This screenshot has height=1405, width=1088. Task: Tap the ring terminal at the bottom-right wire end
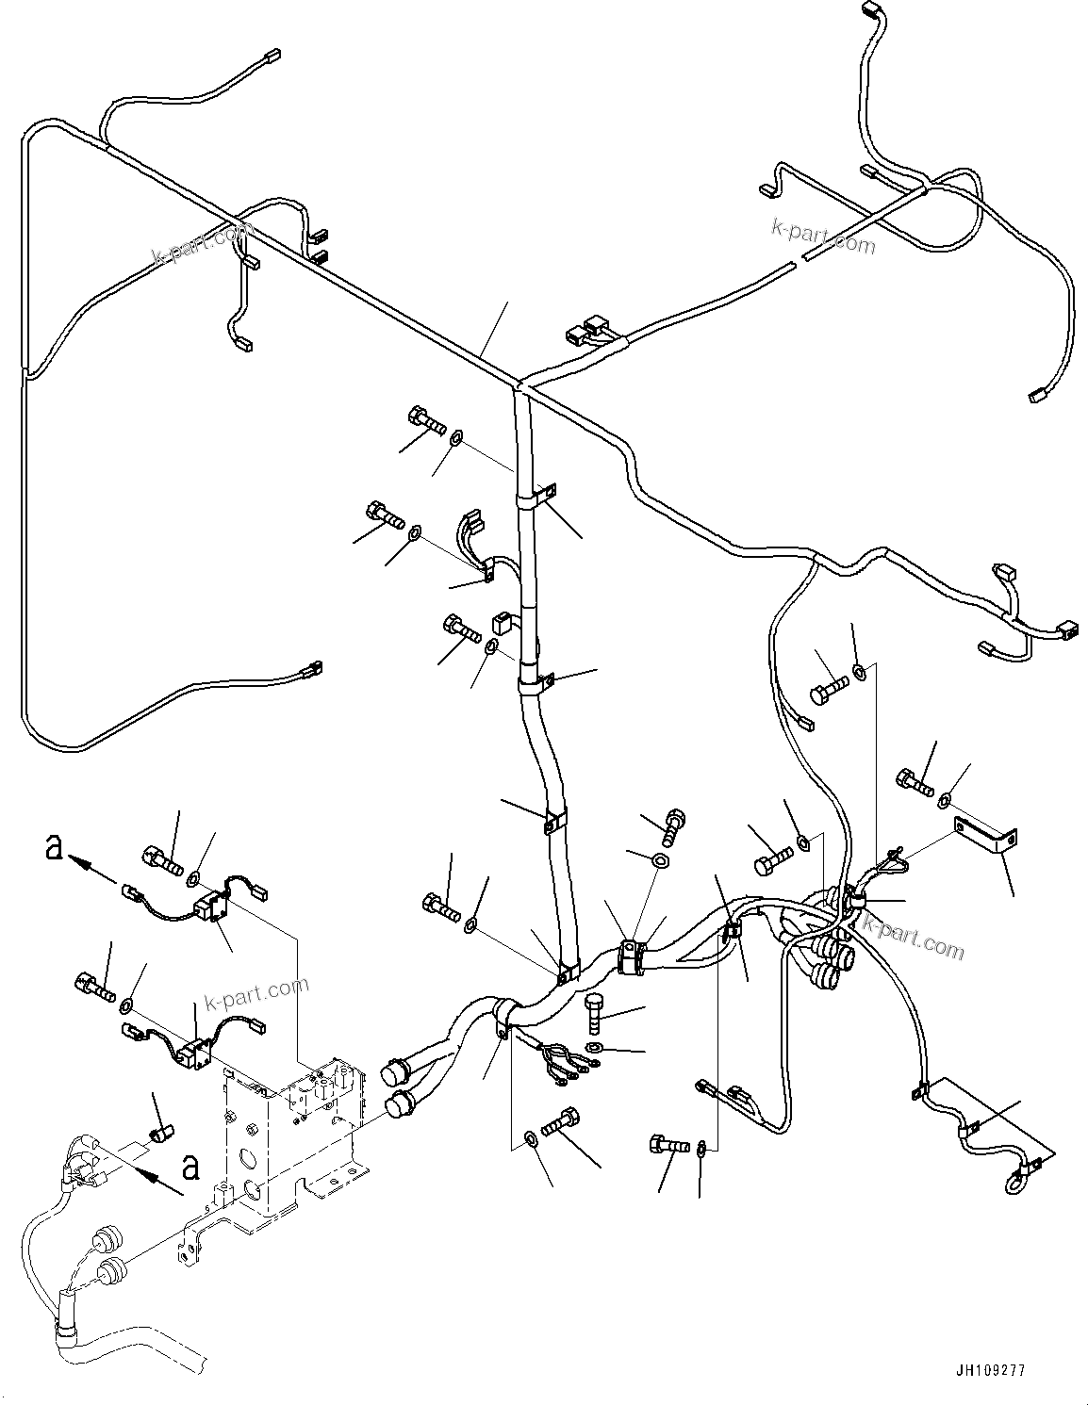click(1015, 1178)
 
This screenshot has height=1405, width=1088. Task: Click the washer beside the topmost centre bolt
click(456, 436)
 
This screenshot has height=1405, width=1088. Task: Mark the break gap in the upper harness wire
click(797, 261)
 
